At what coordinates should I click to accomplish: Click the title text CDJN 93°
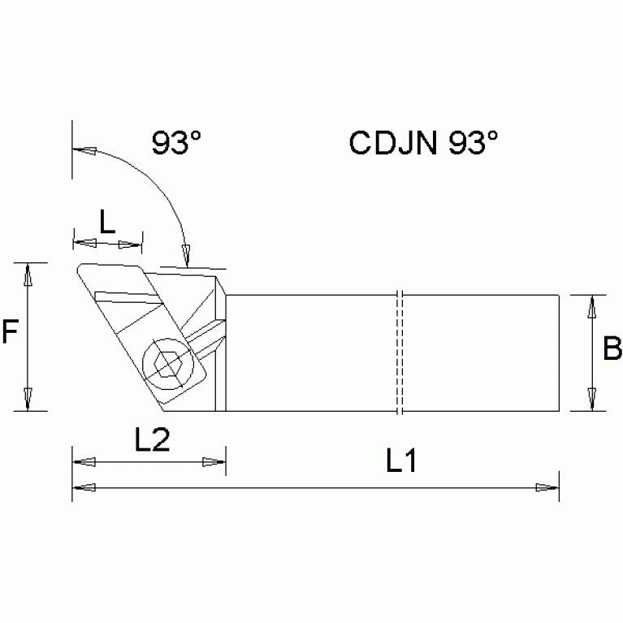(x=423, y=143)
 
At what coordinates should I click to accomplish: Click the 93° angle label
(x=176, y=143)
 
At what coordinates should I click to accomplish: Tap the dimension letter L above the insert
(x=107, y=221)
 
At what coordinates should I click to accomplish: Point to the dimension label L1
(x=400, y=463)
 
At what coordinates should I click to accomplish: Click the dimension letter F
(x=10, y=332)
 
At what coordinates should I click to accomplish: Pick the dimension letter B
(x=612, y=348)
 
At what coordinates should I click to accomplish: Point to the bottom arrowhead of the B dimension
(x=593, y=400)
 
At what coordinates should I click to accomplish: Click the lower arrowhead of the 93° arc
(x=186, y=254)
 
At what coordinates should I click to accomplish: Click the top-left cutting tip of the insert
(x=79, y=267)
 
